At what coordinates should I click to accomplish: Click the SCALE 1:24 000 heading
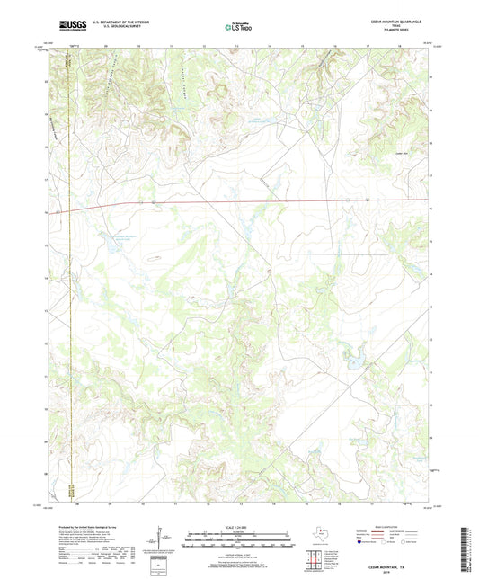pos(238,527)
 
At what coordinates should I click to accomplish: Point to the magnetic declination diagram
pos(162,539)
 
